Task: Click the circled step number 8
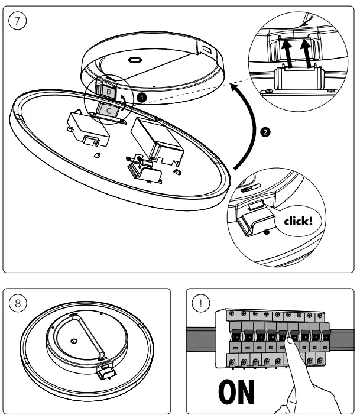[x=19, y=303]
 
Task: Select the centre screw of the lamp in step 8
[x=72, y=340]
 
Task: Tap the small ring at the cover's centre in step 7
[x=134, y=61]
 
